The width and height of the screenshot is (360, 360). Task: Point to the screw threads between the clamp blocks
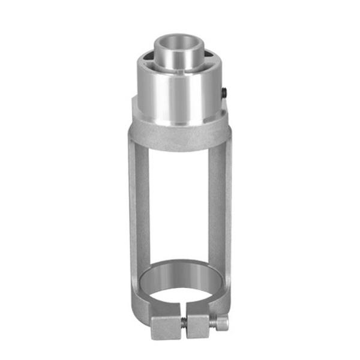click(x=184, y=324)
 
